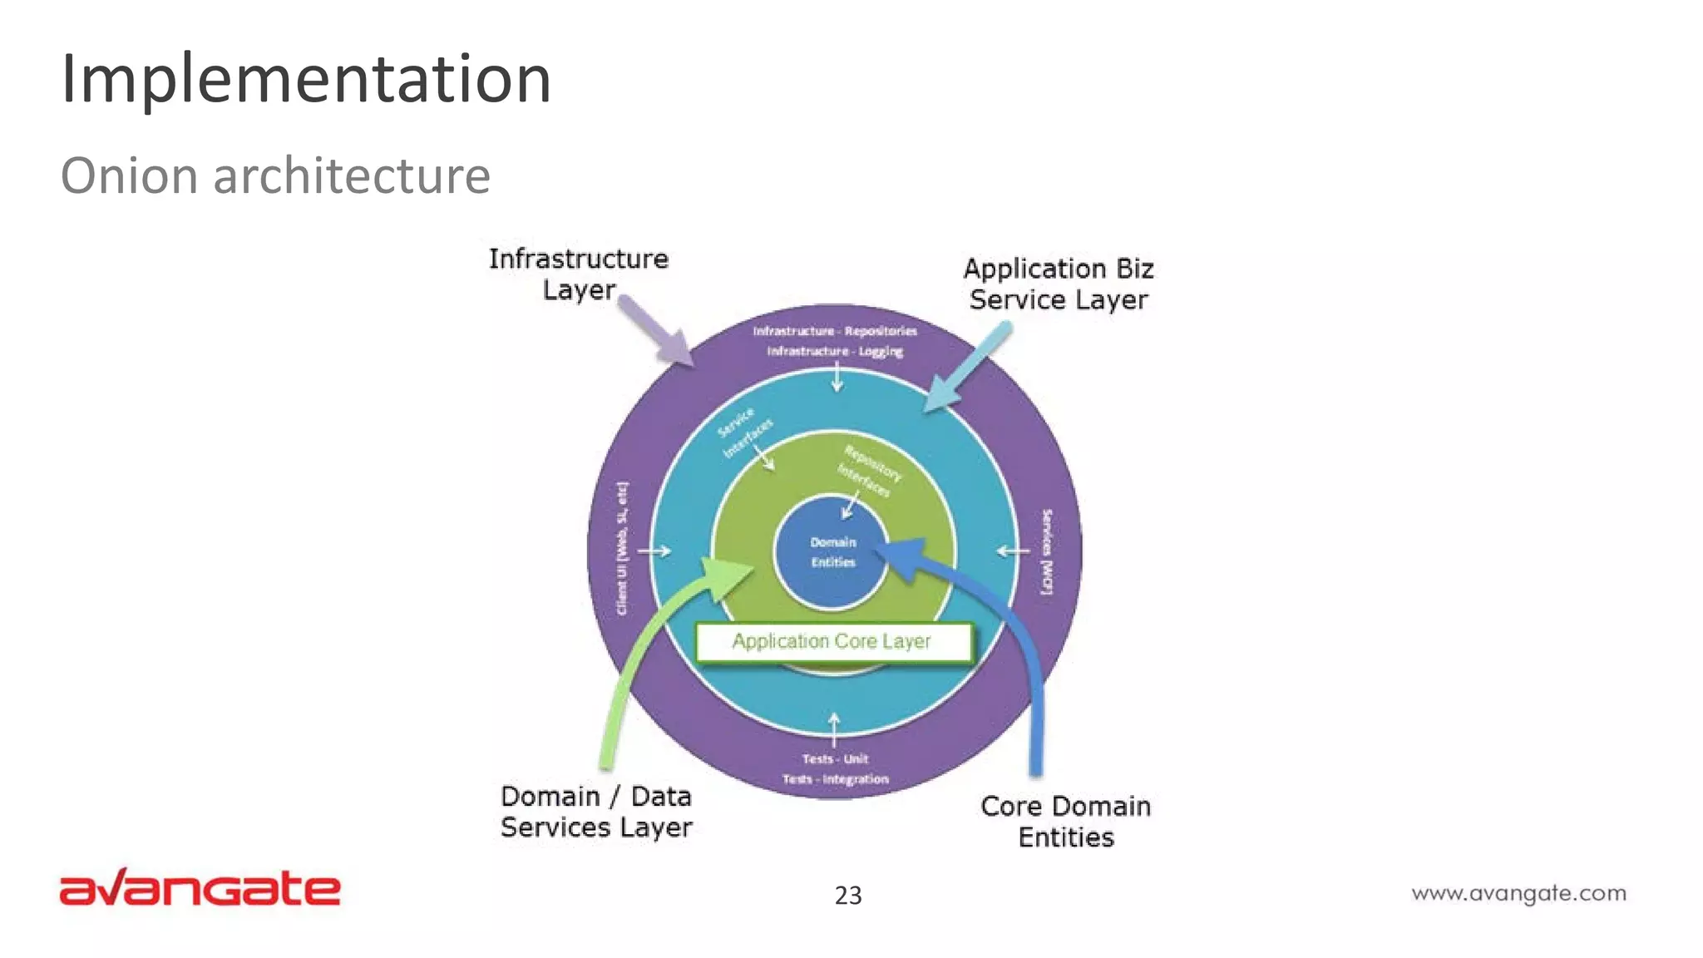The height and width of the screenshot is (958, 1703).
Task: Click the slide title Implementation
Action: (306, 79)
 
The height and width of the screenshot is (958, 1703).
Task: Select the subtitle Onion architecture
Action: (275, 176)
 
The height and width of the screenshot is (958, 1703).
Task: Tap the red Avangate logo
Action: (200, 887)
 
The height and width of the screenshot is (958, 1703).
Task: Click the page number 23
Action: (848, 896)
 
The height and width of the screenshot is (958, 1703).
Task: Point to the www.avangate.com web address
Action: (1518, 893)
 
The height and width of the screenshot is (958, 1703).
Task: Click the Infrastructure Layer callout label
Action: (579, 274)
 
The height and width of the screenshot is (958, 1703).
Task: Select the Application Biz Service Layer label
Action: (1059, 284)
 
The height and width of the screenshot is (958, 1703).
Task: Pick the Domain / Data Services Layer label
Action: (596, 812)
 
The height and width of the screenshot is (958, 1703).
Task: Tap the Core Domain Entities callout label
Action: (1065, 821)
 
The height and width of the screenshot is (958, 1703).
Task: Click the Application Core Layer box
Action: (832, 642)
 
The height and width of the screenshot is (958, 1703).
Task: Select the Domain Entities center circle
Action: (832, 552)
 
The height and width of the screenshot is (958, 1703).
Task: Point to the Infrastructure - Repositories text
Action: (835, 331)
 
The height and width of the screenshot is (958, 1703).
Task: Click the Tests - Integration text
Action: (835, 779)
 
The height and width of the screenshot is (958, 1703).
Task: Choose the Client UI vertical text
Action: (622, 549)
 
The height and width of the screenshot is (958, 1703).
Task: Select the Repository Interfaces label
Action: (869, 471)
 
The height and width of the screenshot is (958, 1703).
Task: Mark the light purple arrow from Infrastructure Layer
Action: (657, 331)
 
